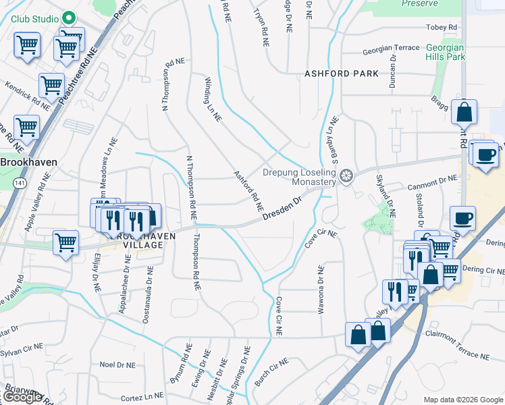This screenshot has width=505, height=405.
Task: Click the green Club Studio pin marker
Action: coord(68,18)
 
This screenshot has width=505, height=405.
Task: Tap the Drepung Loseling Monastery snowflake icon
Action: coord(346,177)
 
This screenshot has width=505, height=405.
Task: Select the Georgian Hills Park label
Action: coord(446,53)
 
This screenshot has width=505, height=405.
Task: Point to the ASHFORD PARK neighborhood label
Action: coord(341,74)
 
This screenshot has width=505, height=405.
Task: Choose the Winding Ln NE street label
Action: coord(213,99)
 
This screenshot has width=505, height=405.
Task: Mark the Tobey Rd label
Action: coord(442,28)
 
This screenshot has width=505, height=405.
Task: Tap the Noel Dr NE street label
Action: coord(117,364)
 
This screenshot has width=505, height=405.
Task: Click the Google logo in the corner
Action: coord(22,397)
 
